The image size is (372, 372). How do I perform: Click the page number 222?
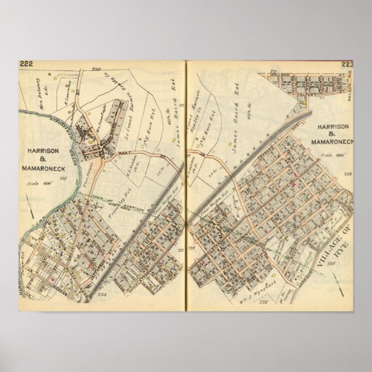pyautogui.click(x=26, y=64)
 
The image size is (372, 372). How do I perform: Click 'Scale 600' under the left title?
pyautogui.click(x=38, y=183)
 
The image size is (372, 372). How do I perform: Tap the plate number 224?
pyautogui.click(x=103, y=293)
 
